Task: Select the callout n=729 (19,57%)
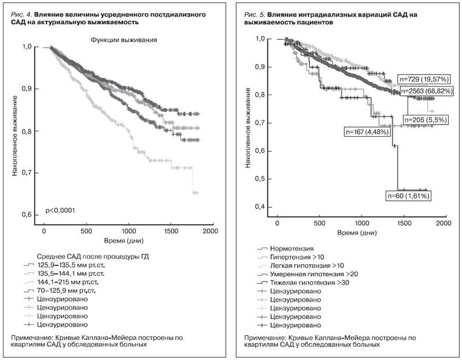tap(423, 78)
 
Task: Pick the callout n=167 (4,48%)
tap(367, 132)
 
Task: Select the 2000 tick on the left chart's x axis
tap(210, 231)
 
